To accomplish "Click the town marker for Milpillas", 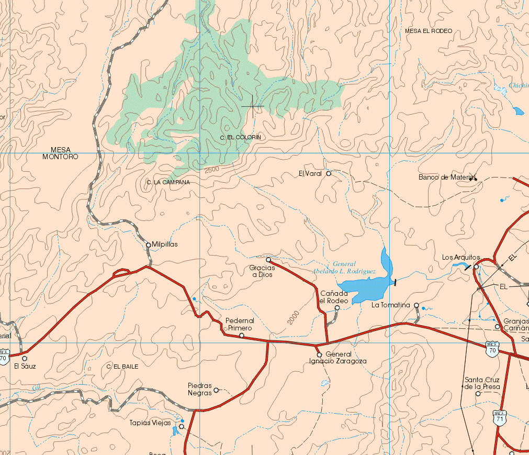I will pos(148,245).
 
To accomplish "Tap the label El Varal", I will pos(310,173).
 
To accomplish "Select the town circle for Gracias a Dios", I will pos(268,260).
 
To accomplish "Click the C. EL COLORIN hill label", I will pos(240,137).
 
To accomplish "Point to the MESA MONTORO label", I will pos(61,153).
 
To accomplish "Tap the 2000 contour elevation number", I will pos(293,318).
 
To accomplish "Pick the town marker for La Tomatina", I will pos(417,305).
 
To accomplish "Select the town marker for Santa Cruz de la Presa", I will pos(478,394).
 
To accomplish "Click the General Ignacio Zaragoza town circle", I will pos(319,355).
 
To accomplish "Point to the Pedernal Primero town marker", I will pos(242,335).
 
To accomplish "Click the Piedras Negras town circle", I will pos(216,390).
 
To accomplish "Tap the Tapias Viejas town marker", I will pos(182,427).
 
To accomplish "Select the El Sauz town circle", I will pos(25,358).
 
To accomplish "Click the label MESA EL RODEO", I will pos(428,31).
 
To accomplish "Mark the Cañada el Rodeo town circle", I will pos(337,308).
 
